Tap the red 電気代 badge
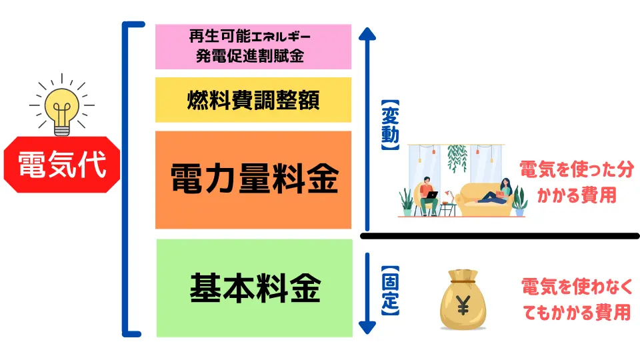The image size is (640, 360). (x=62, y=165)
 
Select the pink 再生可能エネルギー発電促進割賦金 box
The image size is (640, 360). (x=253, y=47)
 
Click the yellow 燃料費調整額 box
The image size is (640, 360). (x=253, y=100)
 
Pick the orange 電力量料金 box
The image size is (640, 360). (x=253, y=179)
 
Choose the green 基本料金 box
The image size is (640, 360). (x=254, y=288)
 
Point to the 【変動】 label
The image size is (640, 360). (x=390, y=125)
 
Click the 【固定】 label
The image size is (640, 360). (x=390, y=291)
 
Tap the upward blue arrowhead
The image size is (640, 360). (x=367, y=33)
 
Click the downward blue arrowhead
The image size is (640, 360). (x=367, y=328)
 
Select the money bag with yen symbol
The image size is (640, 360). (x=463, y=299)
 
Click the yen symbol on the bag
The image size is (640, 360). (x=463, y=305)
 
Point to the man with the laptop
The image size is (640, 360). (x=427, y=196)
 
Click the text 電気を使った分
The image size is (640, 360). (x=577, y=169)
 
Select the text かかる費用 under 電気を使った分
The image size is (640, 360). (x=577, y=195)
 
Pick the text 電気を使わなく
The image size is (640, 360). (x=577, y=286)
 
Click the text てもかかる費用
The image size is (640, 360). (x=577, y=312)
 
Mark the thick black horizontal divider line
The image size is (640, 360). (x=499, y=236)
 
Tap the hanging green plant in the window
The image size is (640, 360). (x=457, y=158)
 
